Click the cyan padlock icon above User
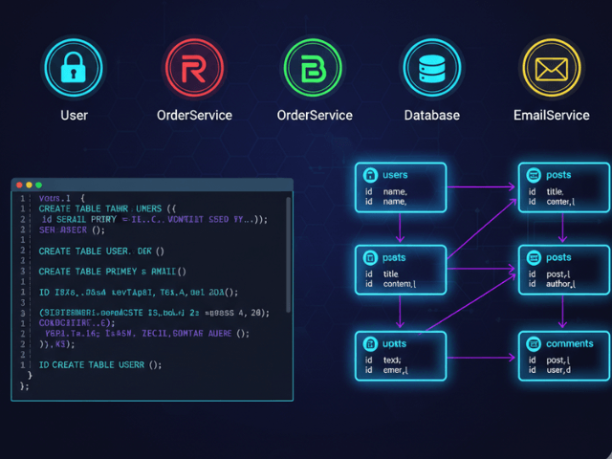74,68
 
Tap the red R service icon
193,68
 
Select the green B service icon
314,68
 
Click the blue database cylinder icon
431,68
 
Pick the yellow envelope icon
551,68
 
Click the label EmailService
551,115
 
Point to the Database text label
431,115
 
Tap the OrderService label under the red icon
194,115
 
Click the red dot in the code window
19,185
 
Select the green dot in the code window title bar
38,185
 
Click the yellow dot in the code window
29,185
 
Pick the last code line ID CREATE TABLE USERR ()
100,364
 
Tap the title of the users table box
395,175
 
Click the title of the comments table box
569,343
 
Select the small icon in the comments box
533,344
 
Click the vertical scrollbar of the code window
288,249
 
